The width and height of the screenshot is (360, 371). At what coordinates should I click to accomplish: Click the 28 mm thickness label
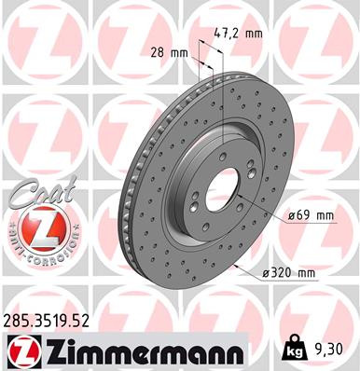point(169,55)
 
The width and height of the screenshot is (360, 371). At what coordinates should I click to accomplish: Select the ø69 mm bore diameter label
point(311,216)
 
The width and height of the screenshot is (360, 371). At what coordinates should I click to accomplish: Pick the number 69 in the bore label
point(302,216)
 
